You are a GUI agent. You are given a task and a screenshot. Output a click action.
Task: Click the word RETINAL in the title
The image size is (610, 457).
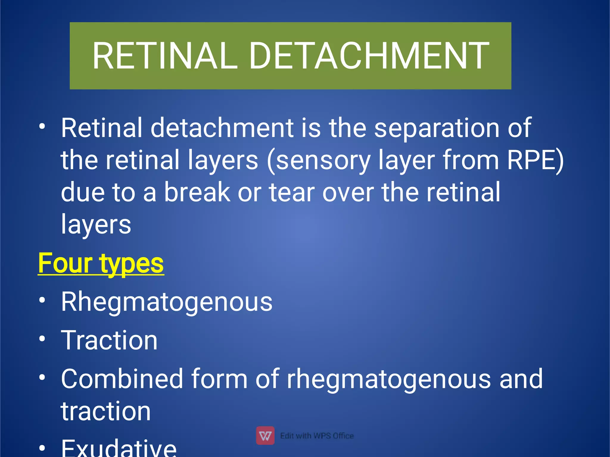(x=165, y=56)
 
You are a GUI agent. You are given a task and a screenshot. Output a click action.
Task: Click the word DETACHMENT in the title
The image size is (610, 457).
(x=369, y=56)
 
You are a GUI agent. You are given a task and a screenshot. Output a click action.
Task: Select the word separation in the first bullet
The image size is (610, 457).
(x=436, y=128)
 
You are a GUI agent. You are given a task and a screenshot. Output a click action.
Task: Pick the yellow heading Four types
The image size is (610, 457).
(x=101, y=263)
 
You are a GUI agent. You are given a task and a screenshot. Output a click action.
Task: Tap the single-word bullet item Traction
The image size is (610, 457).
(x=109, y=340)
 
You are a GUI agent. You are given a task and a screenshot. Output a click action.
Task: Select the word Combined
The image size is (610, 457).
(x=122, y=379)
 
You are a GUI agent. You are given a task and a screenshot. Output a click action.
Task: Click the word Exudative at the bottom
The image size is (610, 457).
(x=119, y=448)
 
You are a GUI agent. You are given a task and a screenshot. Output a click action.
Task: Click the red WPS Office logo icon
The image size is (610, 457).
(x=265, y=435)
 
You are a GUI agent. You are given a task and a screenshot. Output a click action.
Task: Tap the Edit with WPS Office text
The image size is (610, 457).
(x=317, y=436)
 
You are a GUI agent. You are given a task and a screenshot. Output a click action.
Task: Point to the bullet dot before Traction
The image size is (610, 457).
(x=42, y=339)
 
